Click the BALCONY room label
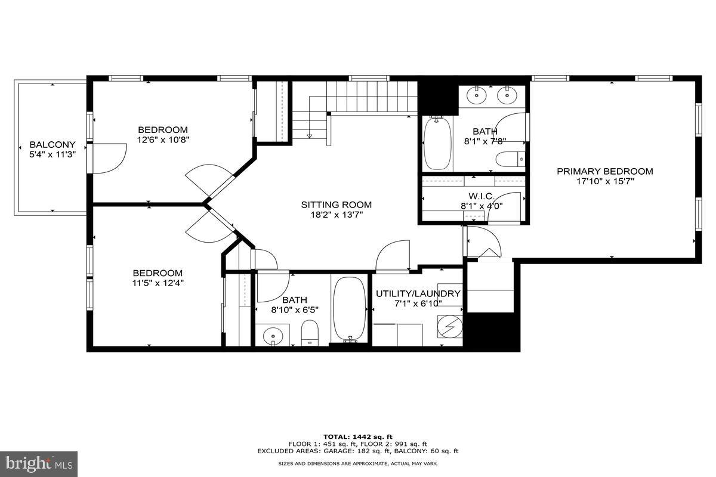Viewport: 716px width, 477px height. pyautogui.click(x=53, y=144)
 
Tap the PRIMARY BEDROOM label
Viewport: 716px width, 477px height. pyautogui.click(x=604, y=171)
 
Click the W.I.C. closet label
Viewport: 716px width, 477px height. pyautogui.click(x=481, y=196)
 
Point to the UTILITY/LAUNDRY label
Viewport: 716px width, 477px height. pyautogui.click(x=418, y=293)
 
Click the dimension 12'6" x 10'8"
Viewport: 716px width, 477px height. pyautogui.click(x=163, y=140)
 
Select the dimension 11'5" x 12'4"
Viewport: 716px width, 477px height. pyautogui.click(x=158, y=283)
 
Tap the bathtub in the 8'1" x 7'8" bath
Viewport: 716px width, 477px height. pyautogui.click(x=437, y=143)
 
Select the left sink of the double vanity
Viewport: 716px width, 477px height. pyautogui.click(x=478, y=94)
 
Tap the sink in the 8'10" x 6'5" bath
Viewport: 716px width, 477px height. pyautogui.click(x=272, y=335)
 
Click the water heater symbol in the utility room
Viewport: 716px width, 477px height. pyautogui.click(x=450, y=327)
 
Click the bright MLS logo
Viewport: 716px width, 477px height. pyautogui.click(x=39, y=463)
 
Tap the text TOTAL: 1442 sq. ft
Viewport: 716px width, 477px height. pyautogui.click(x=357, y=437)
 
